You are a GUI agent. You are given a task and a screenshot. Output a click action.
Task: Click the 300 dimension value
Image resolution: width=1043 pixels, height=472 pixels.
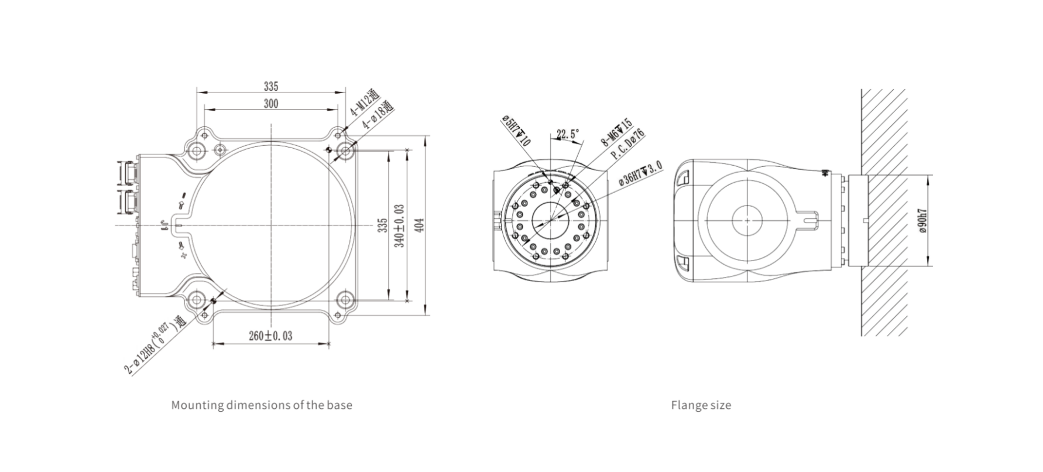270,104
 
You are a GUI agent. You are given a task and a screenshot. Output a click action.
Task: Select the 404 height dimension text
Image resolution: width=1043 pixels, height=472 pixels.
419,225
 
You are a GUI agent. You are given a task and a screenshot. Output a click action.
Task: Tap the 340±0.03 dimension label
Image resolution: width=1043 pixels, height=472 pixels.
400,225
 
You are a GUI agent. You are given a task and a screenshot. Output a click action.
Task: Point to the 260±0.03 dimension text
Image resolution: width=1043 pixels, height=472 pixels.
270,336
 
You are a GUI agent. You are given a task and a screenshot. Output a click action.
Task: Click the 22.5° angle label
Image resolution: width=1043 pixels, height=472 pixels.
567,134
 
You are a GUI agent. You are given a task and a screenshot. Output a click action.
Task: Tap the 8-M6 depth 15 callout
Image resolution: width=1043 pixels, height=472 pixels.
616,132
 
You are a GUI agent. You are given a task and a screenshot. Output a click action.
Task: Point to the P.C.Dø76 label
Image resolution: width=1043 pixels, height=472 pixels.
628,145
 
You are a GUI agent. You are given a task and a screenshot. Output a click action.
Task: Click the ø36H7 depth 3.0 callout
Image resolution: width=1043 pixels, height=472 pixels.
640,174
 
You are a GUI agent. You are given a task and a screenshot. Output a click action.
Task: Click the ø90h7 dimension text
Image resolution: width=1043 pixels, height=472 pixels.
922,220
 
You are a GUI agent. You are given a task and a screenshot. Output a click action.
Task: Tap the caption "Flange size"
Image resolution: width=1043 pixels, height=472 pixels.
701,405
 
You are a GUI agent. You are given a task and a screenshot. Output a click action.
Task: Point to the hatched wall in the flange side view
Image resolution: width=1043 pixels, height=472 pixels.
884,213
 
